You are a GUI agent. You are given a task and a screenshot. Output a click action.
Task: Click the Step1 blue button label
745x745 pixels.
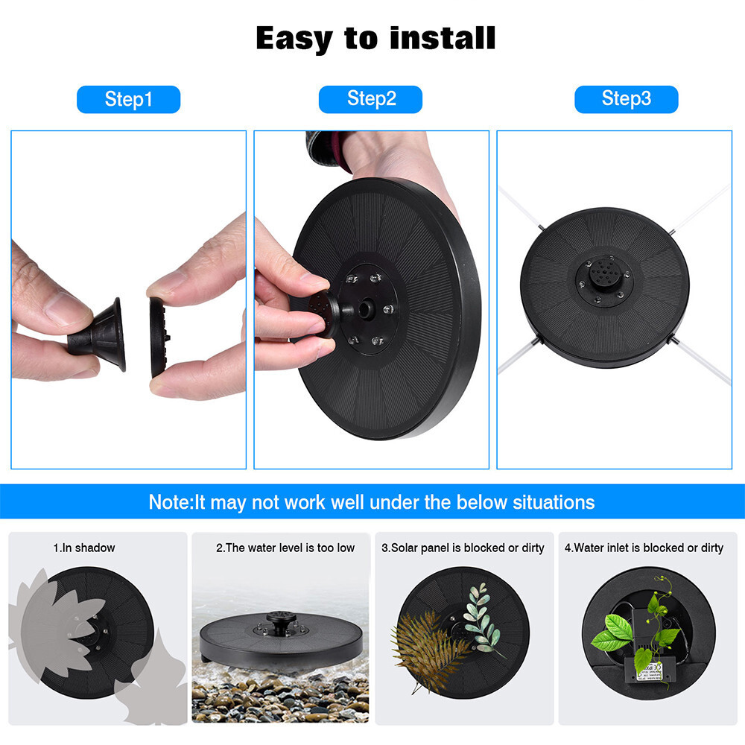tap(128, 99)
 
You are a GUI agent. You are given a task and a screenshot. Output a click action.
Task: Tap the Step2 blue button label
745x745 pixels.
tap(371, 99)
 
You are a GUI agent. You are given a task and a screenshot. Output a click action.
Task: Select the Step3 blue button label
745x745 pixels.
tap(626, 99)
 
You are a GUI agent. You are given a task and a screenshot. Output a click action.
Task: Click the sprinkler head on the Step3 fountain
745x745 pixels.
tap(604, 275)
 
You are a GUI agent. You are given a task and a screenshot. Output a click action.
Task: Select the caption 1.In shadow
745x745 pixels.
tap(84, 548)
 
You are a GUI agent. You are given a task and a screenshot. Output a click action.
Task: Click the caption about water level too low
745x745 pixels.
tap(285, 548)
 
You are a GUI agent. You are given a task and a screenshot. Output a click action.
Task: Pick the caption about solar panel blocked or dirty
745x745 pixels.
tap(463, 548)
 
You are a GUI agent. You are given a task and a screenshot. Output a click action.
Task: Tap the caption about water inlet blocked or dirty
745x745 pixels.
tap(644, 548)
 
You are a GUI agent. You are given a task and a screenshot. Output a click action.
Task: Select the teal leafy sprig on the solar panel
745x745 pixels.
tap(482, 626)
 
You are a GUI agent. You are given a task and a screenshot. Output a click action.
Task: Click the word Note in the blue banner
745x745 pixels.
tap(170, 501)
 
